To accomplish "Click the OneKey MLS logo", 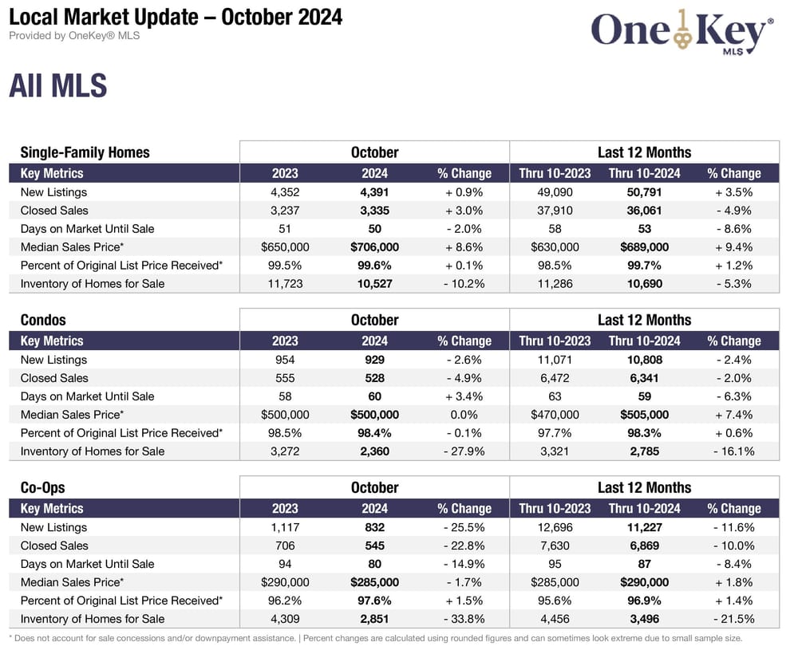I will pos(682,33).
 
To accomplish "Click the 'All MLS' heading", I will pos(57,85).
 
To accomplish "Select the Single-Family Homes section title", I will pos(85,152).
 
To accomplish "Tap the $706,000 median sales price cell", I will pos(374,247).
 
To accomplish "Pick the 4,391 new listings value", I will pos(374,192).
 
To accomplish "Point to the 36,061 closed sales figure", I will pos(644,211).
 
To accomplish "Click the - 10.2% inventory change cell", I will pos(464,284).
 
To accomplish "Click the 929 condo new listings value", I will pos(374,360).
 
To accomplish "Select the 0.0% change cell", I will pos(464,415).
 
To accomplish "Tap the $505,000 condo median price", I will pos(644,415).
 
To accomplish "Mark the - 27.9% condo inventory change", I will pos(464,451).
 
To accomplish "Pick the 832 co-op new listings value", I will pos(374,527).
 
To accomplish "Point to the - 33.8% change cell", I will pos(464,619).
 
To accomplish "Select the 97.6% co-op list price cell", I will pos(374,601).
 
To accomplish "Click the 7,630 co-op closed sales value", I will pos(555,546).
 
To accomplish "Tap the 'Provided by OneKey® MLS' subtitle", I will pos(74,36).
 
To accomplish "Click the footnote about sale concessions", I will pos(375,638).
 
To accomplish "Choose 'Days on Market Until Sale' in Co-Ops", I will pos(88,564).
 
